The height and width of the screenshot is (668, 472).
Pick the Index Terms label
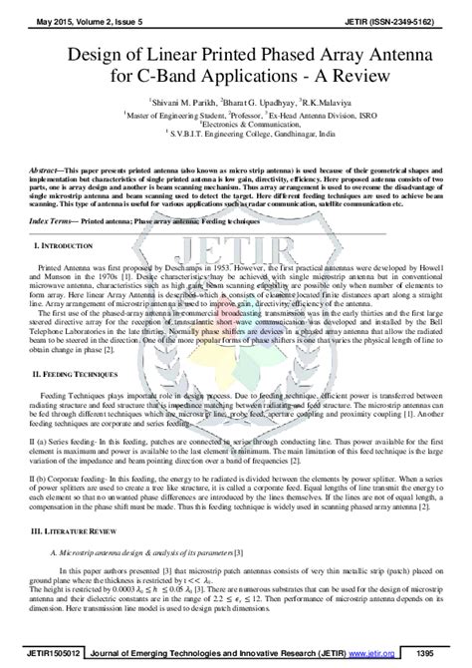pyautogui.click(x=56, y=221)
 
